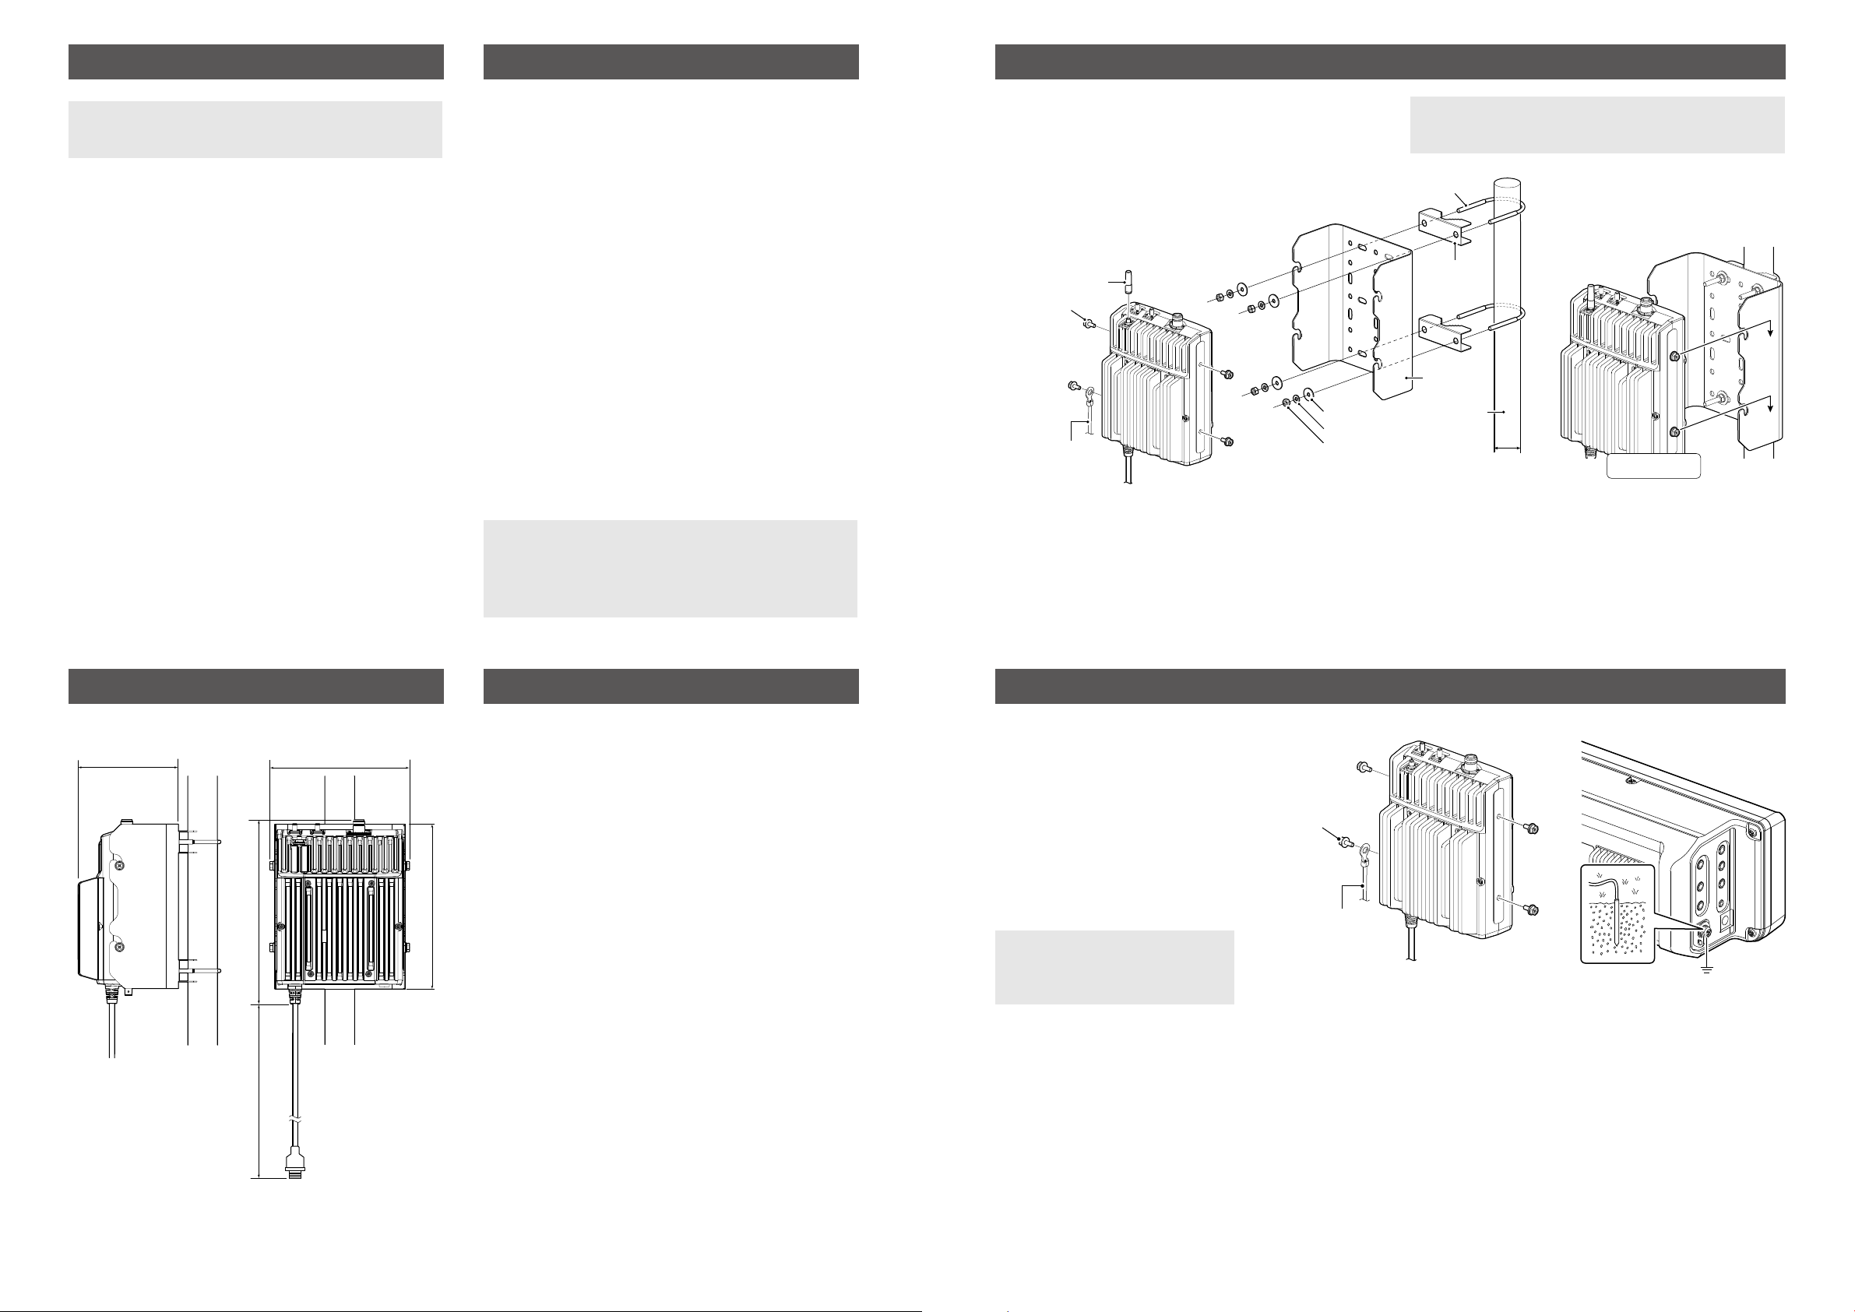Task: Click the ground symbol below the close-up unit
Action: (1706, 969)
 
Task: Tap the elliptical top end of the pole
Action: (1508, 184)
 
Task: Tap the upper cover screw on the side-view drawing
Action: (119, 865)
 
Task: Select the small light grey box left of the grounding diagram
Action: (1114, 967)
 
